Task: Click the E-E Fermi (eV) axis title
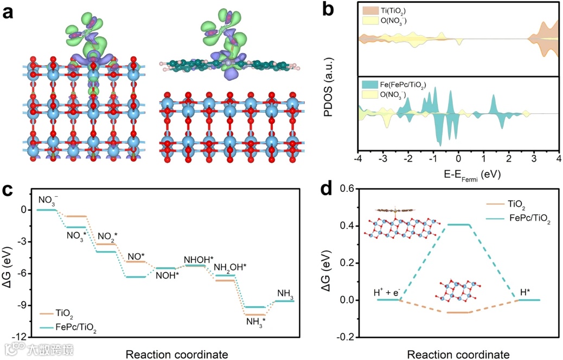(458, 175)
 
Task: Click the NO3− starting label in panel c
(48, 200)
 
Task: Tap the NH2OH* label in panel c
(230, 267)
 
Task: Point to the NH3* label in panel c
(256, 321)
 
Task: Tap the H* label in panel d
(526, 293)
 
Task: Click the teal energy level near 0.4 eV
(457, 225)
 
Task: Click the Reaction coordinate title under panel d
(458, 354)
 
